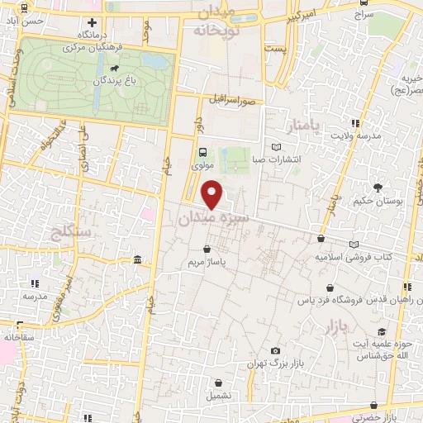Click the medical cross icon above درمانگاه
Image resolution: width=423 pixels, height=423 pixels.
point(93,22)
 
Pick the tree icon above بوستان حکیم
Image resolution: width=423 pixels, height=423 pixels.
point(378,188)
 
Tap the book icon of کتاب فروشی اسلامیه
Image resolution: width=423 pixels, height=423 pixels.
point(354,244)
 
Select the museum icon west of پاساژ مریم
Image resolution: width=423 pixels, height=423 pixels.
point(136,260)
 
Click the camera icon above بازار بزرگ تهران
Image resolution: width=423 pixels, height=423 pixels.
point(275,351)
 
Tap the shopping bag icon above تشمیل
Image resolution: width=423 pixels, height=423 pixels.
point(218,383)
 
